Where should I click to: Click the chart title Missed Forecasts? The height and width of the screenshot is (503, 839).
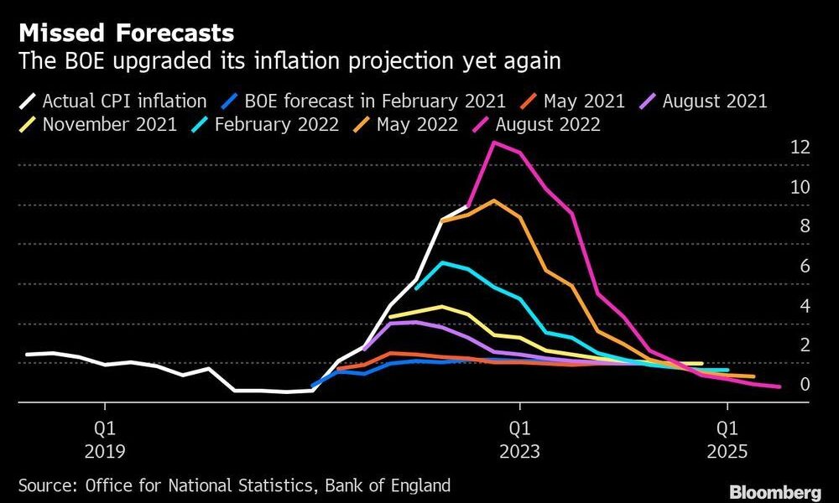tap(126, 34)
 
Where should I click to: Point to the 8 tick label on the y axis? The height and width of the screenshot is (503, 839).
tap(804, 226)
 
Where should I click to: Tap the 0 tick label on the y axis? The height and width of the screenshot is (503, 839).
tap(804, 385)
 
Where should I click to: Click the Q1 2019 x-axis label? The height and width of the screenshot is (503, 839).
tap(105, 439)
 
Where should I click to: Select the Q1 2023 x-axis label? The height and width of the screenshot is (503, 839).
tap(519, 439)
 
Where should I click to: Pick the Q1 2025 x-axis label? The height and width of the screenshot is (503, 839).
tap(727, 439)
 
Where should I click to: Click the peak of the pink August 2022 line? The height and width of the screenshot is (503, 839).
tap(494, 142)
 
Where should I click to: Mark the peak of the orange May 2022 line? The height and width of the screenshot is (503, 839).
tap(494, 200)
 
